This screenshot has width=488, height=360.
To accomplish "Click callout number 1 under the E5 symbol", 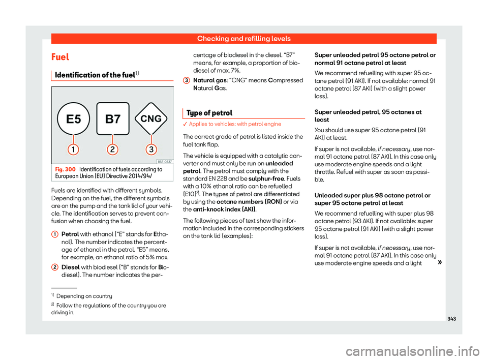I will click(x=74, y=150).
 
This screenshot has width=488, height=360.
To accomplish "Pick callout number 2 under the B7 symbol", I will click(x=112, y=150).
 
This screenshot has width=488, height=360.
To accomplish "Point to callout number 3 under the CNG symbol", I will click(x=151, y=150).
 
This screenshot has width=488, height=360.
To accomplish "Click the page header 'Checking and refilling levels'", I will click(x=245, y=38).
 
